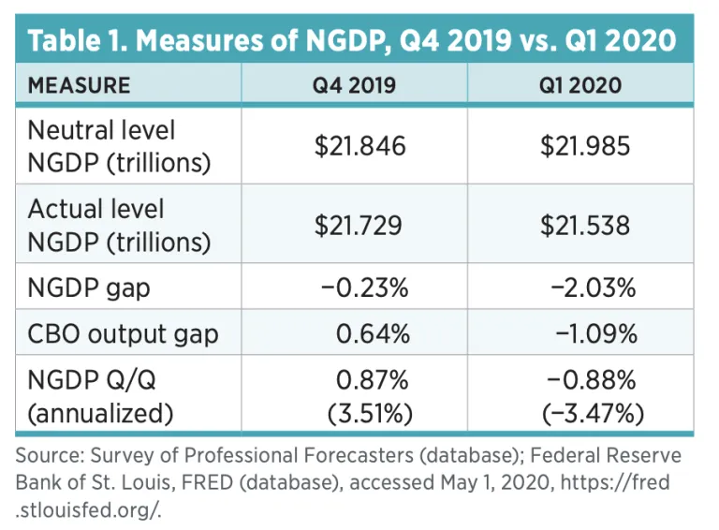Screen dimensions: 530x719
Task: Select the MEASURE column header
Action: click(79, 86)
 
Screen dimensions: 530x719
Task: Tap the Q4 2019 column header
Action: click(354, 86)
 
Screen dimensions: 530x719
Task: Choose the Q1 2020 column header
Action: click(580, 86)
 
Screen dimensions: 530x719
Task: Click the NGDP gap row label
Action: click(90, 288)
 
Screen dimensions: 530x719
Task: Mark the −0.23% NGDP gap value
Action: click(364, 288)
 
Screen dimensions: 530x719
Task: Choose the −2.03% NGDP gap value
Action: click(591, 288)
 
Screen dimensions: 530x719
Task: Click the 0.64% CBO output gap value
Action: click(372, 333)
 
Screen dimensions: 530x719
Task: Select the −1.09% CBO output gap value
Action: click(591, 333)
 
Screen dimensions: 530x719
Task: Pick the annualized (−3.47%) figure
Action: click(589, 410)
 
